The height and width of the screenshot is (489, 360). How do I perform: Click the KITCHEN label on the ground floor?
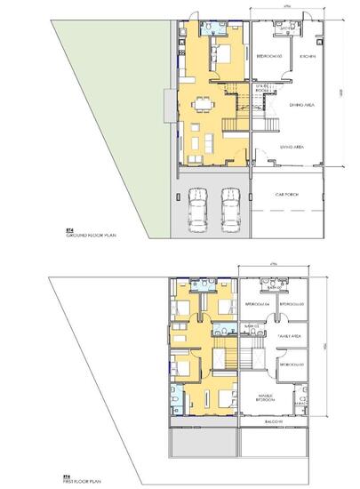tap(308, 56)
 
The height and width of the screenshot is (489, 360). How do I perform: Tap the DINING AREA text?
tap(305, 105)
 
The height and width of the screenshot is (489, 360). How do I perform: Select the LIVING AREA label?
tap(294, 146)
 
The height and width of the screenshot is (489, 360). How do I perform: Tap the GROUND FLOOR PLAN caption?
tap(92, 237)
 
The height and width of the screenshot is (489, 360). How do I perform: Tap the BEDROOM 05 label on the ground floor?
tap(268, 56)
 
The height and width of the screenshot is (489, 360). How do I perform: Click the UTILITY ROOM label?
tap(262, 88)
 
